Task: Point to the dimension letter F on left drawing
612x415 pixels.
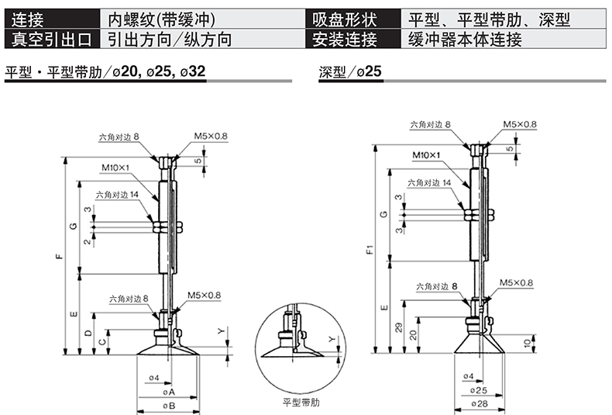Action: click(x=60, y=257)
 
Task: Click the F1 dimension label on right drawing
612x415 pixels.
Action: click(x=370, y=250)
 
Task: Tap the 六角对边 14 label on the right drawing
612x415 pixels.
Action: click(x=433, y=183)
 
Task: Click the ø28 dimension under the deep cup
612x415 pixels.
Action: click(x=479, y=403)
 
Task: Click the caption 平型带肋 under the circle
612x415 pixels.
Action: click(x=300, y=403)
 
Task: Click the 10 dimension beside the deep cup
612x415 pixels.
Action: click(x=528, y=343)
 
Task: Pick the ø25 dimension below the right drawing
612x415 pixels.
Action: click(x=479, y=390)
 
